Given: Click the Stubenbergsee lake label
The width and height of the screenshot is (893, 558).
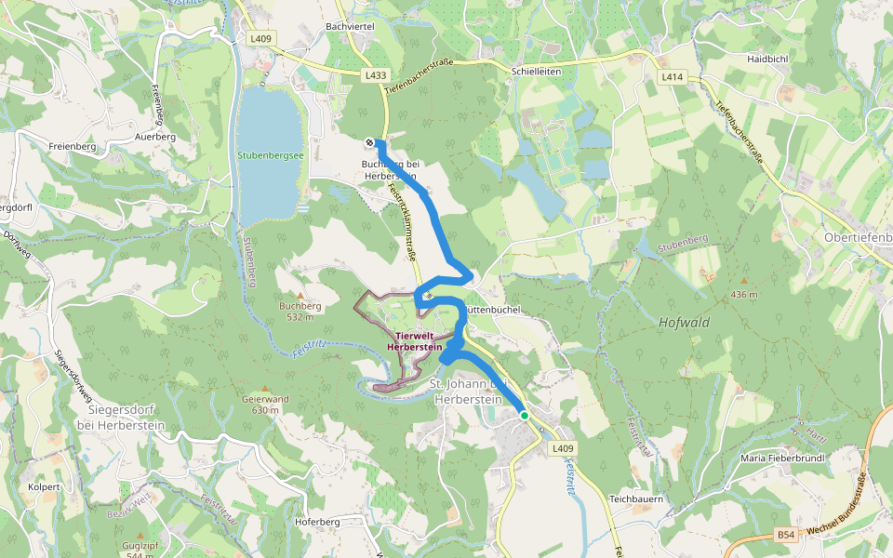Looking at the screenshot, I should pyautogui.click(x=271, y=155).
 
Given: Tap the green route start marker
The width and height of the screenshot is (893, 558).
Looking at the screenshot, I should pyautogui.click(x=525, y=416).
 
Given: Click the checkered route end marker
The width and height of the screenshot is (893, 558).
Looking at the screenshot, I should pyautogui.click(x=370, y=141).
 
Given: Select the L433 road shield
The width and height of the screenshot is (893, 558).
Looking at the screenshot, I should pyautogui.click(x=376, y=73).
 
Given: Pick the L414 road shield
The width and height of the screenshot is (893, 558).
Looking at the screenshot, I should pyautogui.click(x=671, y=77).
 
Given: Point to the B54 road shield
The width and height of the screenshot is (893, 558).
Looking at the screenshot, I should pyautogui.click(x=787, y=535).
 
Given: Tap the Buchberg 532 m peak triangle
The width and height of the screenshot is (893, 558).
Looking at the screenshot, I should pyautogui.click(x=300, y=295).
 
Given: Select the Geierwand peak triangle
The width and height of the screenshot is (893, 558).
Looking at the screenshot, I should pyautogui.click(x=265, y=389).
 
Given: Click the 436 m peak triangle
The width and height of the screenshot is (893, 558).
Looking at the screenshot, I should pyautogui.click(x=743, y=281).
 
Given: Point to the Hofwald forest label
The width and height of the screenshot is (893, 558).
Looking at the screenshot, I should pyautogui.click(x=684, y=323).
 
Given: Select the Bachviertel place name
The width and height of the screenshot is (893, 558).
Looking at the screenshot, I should pyautogui.click(x=351, y=27).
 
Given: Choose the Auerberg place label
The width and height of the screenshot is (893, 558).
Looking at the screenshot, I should pyautogui.click(x=155, y=137).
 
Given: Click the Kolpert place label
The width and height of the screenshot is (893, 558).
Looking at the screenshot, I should pyautogui.click(x=44, y=486).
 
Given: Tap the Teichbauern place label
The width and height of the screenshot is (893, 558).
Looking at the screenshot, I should pyautogui.click(x=635, y=498).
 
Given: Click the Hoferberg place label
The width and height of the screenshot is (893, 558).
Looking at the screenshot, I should pyautogui.click(x=317, y=522).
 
